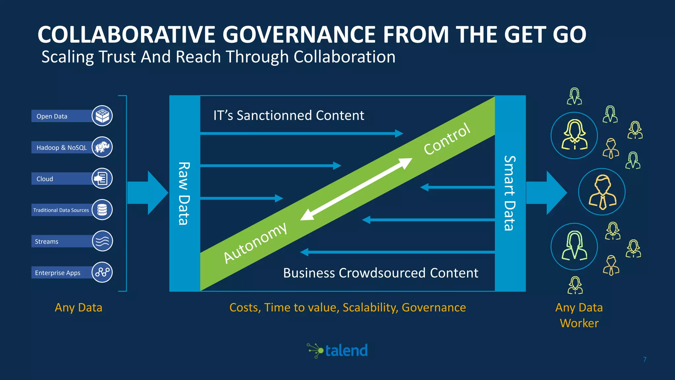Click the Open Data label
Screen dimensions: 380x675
coord(52,116)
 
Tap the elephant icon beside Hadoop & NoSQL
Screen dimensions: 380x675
coord(102,147)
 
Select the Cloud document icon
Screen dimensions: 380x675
coord(102,178)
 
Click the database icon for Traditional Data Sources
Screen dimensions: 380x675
coord(102,210)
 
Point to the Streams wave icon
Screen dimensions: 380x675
coord(102,241)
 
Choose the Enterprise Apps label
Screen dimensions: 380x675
coord(58,273)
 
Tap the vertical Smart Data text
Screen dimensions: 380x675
coord(510,193)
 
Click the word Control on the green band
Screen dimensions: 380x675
coord(447,139)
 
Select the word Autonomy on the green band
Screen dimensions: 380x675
coord(255,243)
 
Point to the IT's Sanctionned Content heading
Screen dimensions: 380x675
coord(289,115)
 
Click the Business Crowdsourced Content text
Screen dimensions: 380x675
coord(381,273)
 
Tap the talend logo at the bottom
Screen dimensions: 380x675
coord(337,350)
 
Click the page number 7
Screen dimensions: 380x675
coord(645,359)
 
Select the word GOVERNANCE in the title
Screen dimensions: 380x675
coord(303,35)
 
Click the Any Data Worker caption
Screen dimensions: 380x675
coord(579,315)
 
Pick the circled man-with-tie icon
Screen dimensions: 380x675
coord(602,192)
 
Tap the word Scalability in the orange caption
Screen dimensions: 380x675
coord(370,307)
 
